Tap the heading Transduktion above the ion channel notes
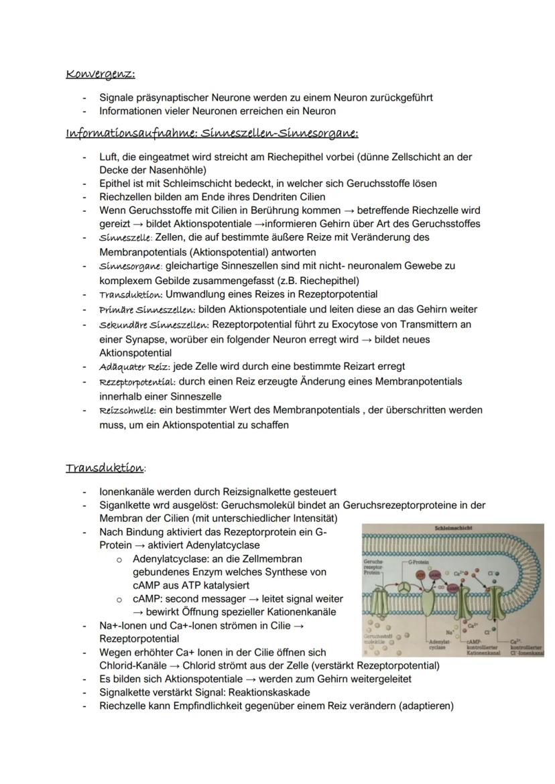coord(104,468)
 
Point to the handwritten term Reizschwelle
coord(127,410)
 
